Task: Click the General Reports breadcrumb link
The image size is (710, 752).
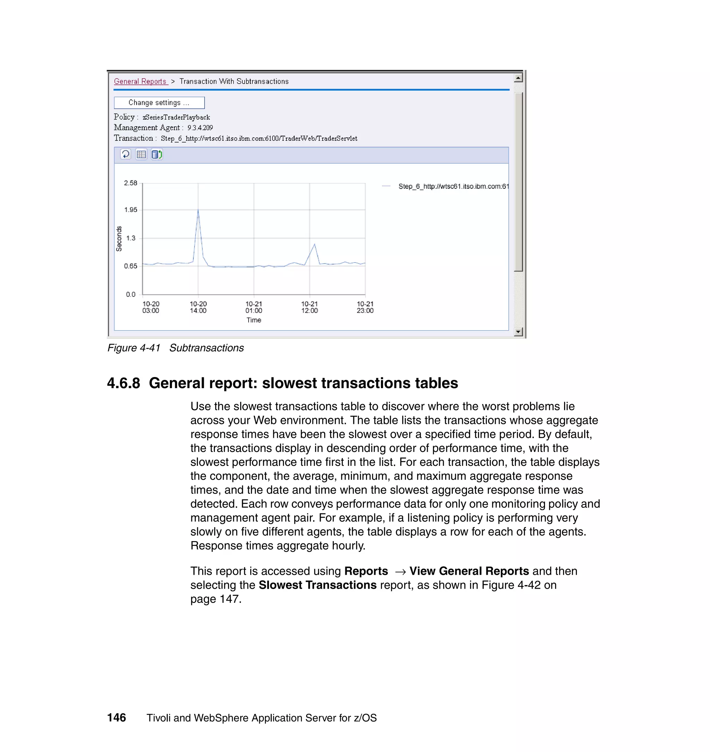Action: (140, 82)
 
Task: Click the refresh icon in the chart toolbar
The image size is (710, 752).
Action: (125, 154)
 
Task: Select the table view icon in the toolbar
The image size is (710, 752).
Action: (141, 154)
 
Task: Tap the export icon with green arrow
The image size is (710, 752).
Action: (157, 154)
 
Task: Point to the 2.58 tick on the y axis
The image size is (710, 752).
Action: (131, 183)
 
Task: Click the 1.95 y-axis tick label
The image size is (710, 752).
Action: (131, 210)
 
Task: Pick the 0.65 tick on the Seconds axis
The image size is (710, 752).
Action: (131, 266)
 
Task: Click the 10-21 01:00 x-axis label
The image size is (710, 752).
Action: (253, 307)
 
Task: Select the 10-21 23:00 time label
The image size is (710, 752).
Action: (365, 307)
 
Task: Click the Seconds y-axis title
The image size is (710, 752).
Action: (119, 239)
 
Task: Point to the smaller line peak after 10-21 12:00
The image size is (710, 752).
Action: (314, 244)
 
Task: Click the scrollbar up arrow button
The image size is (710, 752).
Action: (518, 78)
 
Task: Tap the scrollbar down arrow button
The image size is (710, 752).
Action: (518, 332)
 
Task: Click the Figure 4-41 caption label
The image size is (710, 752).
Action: (134, 348)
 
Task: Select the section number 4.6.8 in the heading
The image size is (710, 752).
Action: (124, 383)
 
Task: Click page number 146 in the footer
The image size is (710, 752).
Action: (116, 718)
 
